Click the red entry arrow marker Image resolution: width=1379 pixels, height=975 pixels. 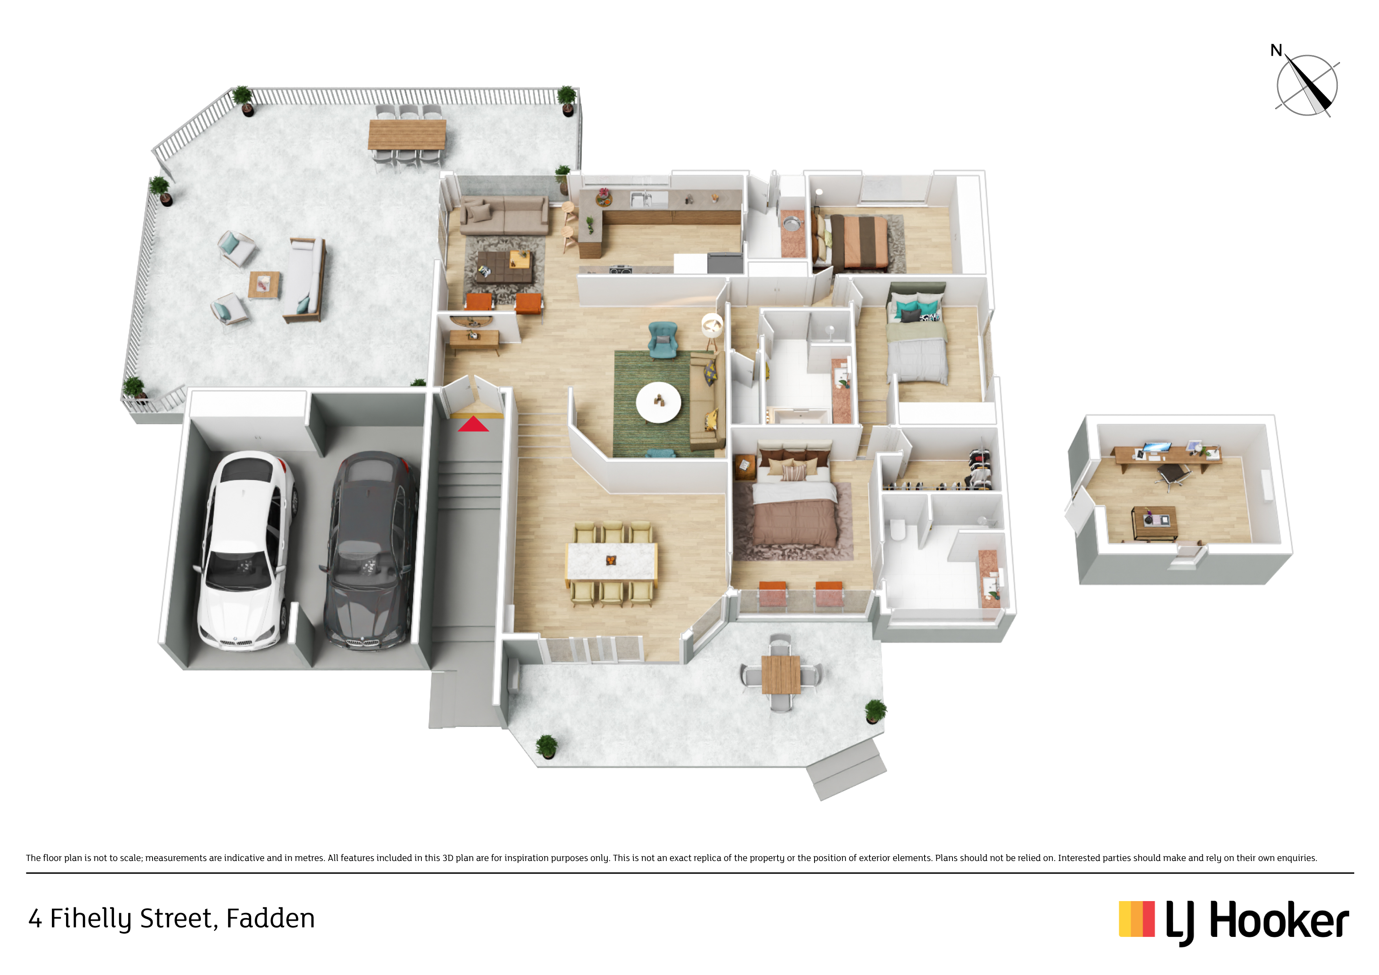473,424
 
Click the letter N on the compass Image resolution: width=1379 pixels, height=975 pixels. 1276,50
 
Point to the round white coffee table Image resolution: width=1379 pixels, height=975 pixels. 658,402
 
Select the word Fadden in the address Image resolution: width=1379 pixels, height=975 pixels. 270,918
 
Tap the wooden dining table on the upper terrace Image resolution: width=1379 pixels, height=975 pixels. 407,134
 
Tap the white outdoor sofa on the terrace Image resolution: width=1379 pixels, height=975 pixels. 305,278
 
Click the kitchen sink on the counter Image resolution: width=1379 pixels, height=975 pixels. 641,198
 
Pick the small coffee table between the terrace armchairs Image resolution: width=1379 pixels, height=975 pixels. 264,285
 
